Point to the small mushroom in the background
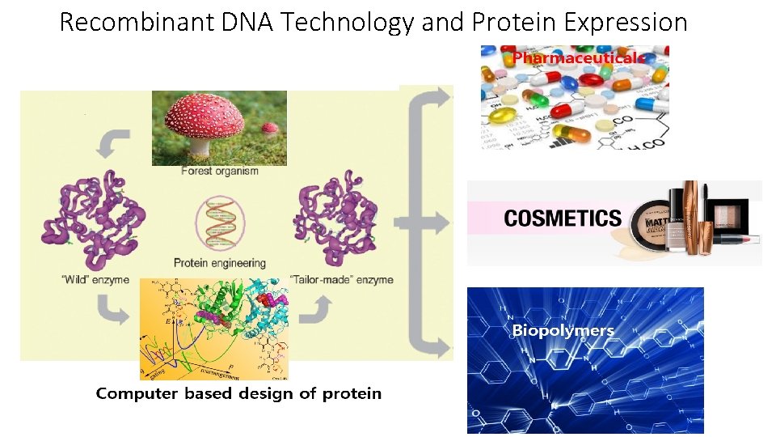pos(269,128)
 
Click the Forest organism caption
pos(219,171)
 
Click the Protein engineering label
pos(219,262)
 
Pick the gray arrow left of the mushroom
pos(112,143)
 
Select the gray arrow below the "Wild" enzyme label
pos(112,308)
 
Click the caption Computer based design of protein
pos(238,394)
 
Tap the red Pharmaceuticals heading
pos(575,58)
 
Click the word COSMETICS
pos(563,218)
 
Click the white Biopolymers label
pos(563,330)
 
